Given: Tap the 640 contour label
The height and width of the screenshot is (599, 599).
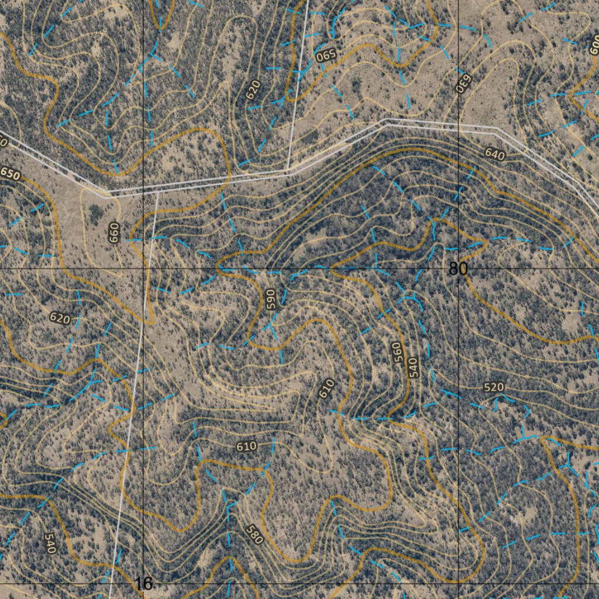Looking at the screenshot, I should pyautogui.click(x=494, y=154).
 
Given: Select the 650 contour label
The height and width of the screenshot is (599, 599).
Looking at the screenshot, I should pyautogui.click(x=10, y=174).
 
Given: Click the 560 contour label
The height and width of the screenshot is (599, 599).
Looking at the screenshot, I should pyautogui.click(x=398, y=352).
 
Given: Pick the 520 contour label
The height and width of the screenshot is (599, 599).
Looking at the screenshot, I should pyautogui.click(x=494, y=387).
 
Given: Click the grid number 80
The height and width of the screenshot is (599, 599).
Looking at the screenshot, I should pyautogui.click(x=459, y=268).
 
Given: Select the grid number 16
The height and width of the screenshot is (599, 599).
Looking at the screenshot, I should pyautogui.click(x=143, y=583).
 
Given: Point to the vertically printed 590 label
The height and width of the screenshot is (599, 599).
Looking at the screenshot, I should pyautogui.click(x=270, y=298).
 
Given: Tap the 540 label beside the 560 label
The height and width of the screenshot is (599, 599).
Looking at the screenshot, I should pyautogui.click(x=413, y=367).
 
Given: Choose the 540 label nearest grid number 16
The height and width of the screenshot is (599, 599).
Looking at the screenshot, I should pyautogui.click(x=50, y=543).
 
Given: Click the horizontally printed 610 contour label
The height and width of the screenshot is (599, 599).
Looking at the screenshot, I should pyautogui.click(x=247, y=446).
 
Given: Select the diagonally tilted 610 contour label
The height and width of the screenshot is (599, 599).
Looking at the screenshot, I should pyautogui.click(x=326, y=389).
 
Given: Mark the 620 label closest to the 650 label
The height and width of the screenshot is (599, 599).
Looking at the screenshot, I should pyautogui.click(x=60, y=318).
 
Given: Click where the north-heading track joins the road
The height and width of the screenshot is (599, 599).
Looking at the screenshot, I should pyautogui.click(x=288, y=171).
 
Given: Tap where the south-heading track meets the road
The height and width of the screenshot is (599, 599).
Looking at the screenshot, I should pyautogui.click(x=157, y=191).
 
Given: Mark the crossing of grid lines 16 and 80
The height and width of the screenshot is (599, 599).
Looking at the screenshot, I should pyautogui.click(x=144, y=268).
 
